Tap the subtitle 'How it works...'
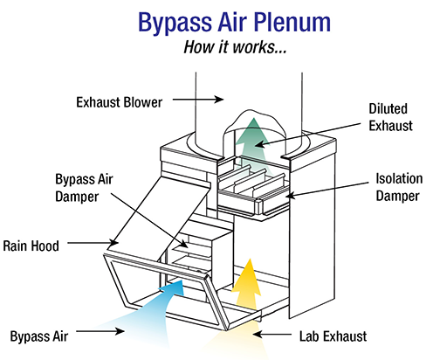(235, 47)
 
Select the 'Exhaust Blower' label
(120, 102)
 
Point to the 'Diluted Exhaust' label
(390, 117)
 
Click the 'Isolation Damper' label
(399, 187)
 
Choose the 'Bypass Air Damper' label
(84, 188)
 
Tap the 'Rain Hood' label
(31, 246)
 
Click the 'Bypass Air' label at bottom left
(39, 336)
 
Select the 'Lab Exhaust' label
(333, 336)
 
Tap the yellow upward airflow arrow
(247, 286)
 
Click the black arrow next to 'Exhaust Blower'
(198, 100)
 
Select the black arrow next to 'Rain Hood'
(93, 243)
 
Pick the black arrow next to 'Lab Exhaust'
(271, 334)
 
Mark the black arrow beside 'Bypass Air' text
(100, 331)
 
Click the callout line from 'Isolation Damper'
(327, 190)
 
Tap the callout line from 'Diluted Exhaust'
(308, 135)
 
